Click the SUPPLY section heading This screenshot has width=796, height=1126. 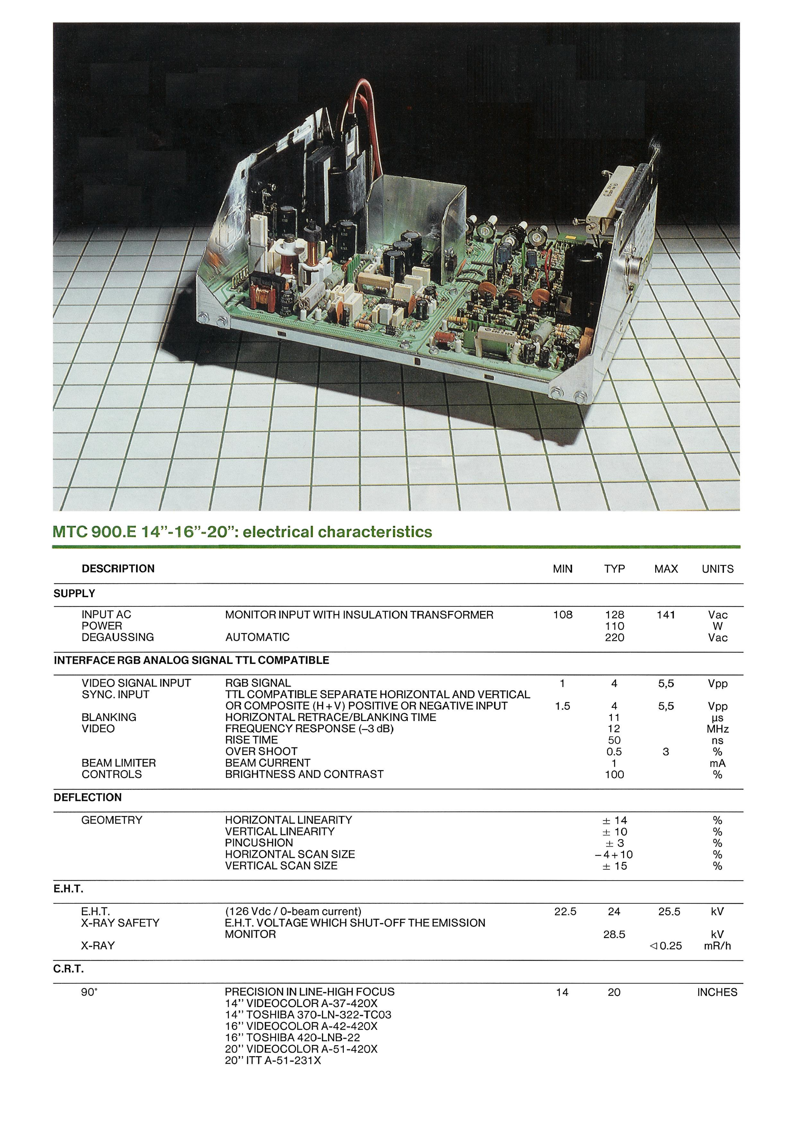click(x=74, y=593)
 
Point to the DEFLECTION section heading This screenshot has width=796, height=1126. click(x=87, y=797)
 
